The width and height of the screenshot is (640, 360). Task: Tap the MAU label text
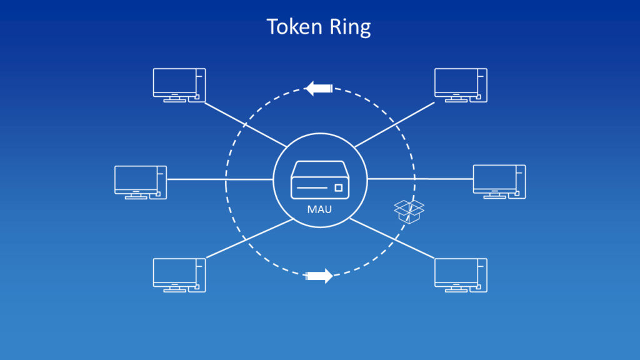pos(319,209)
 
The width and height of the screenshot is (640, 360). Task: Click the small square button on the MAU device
pos(339,188)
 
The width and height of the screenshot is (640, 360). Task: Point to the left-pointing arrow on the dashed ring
pos(319,89)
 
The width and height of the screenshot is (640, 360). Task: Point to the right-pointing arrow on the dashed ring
pos(319,276)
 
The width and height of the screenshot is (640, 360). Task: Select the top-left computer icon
pos(179,84)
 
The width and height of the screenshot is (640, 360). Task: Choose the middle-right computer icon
pos(499,181)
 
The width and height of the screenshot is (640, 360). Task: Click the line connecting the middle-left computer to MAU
pos(219,179)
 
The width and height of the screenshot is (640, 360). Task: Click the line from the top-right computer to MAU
pos(394,125)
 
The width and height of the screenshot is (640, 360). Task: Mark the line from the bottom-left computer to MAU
pos(247,237)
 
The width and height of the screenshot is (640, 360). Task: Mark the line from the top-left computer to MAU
pos(244,122)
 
